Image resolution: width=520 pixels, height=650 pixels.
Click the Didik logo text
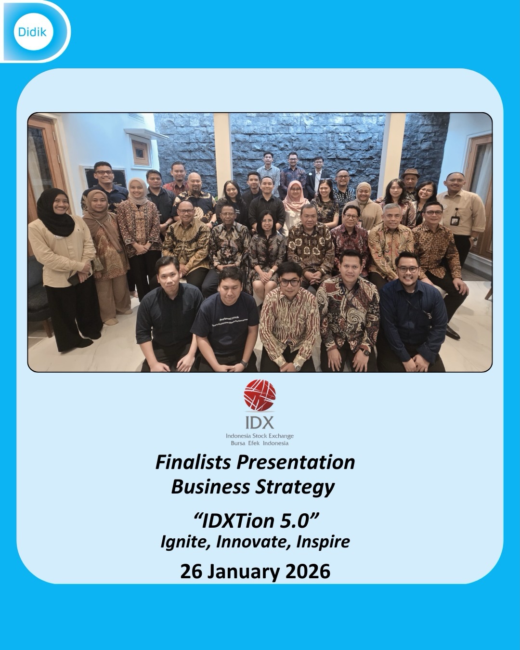[32, 32]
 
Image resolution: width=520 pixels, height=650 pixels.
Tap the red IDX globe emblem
[260, 395]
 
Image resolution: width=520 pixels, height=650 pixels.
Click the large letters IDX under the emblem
[260, 422]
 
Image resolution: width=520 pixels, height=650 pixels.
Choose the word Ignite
[185, 542]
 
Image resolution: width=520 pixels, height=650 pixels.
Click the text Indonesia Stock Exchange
[260, 436]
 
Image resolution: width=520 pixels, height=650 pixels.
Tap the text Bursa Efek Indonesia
[260, 443]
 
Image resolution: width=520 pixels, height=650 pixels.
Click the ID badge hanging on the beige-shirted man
[455, 221]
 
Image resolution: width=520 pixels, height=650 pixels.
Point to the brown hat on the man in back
[411, 172]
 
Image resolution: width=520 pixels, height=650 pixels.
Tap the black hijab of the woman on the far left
[55, 214]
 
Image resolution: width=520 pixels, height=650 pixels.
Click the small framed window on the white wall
[141, 152]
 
